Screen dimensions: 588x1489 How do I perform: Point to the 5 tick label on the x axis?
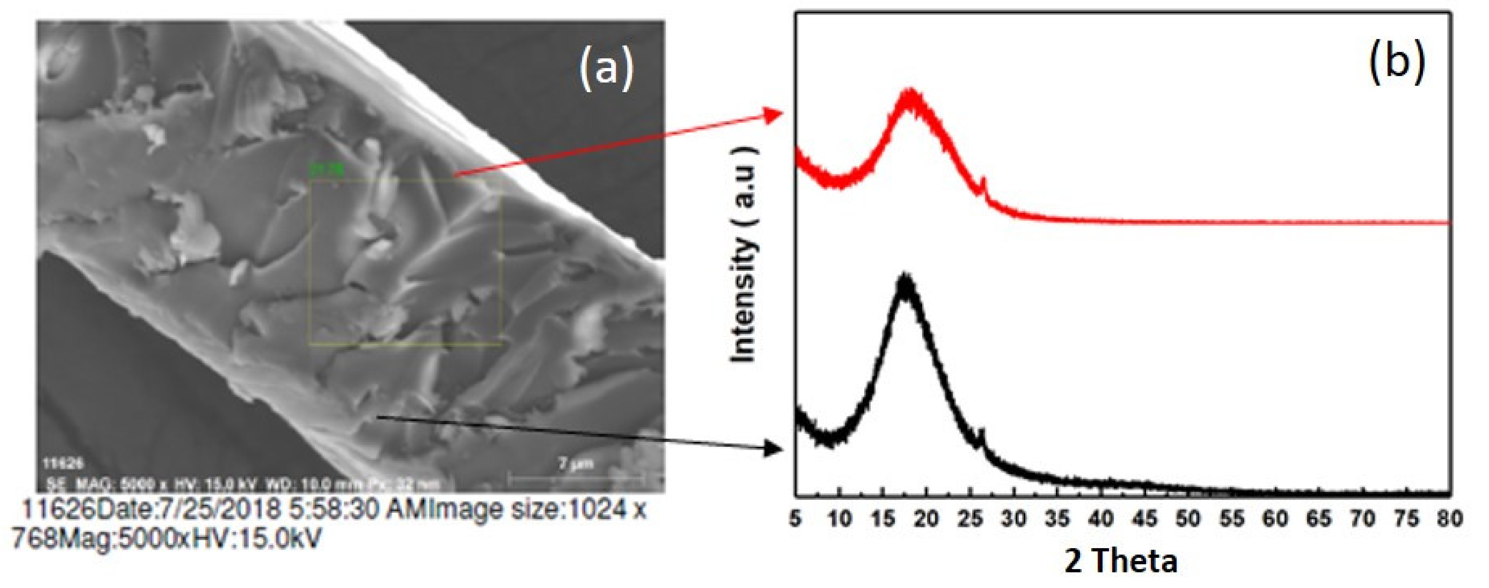tap(796, 519)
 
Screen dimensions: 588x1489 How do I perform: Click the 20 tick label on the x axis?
tap(927, 519)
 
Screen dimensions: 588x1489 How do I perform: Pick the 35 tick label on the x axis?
tap(1058, 519)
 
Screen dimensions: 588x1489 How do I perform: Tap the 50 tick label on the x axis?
tap(1189, 519)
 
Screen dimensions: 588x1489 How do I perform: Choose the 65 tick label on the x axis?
tap(1320, 519)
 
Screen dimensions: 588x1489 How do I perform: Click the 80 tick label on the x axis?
tap(1450, 519)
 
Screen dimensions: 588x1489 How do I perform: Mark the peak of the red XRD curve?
tap(911, 93)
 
